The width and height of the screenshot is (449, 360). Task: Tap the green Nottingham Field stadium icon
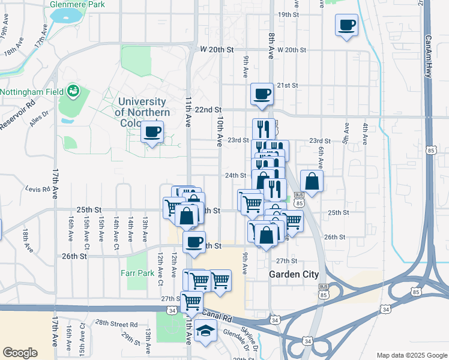tap(74, 91)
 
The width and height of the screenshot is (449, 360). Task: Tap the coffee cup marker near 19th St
tap(347, 26)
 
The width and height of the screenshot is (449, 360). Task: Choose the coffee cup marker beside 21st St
tap(262, 94)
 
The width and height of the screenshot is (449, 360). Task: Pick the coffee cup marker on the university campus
tap(152, 131)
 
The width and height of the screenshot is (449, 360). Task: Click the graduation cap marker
tap(205, 331)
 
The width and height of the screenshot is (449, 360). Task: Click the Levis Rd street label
tap(37, 189)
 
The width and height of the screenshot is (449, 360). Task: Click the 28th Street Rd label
tap(116, 323)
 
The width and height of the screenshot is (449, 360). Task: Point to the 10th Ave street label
tap(219, 132)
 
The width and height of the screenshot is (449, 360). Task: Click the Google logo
tap(20, 353)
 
